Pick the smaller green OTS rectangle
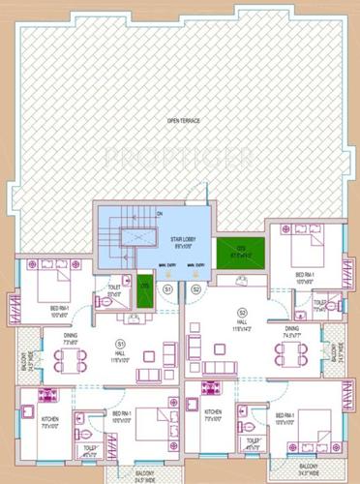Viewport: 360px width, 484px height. (145, 293)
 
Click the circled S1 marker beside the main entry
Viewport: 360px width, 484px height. (167, 289)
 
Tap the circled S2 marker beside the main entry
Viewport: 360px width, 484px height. (195, 289)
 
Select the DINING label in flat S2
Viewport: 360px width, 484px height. (292, 332)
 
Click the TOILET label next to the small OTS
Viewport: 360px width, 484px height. (113, 287)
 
